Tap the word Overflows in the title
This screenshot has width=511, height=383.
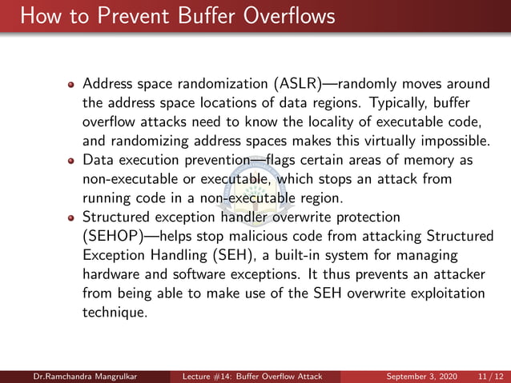pyautogui.click(x=278, y=16)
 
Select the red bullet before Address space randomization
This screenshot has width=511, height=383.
pyautogui.click(x=71, y=85)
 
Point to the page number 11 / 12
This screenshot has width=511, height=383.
pyautogui.click(x=489, y=376)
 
